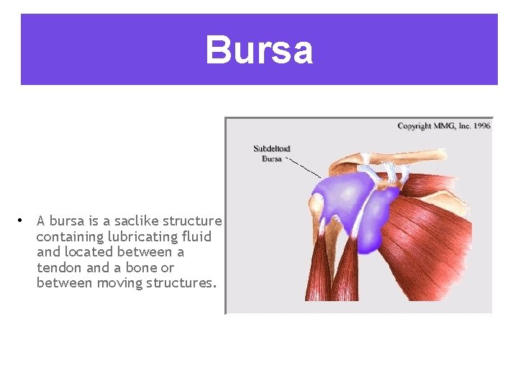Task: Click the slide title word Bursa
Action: pos(259,50)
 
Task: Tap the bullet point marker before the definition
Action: pos(23,220)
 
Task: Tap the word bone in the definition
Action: pos(144,268)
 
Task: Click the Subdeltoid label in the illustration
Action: pos(272,149)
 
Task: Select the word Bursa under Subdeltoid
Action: pos(272,158)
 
